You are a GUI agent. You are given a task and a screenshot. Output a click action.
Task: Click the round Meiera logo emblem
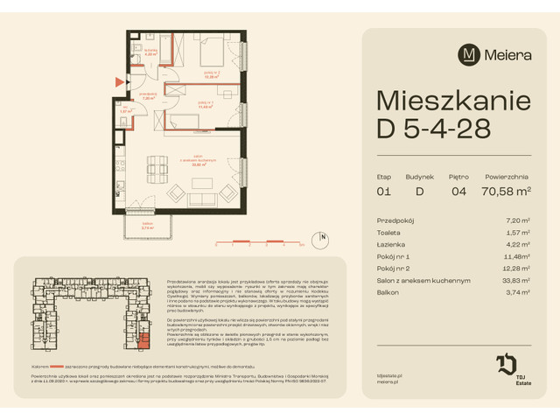[x=469, y=54]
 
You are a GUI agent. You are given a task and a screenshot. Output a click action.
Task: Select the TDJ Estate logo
[x=510, y=367]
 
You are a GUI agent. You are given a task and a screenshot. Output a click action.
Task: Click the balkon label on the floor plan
[x=136, y=226]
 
